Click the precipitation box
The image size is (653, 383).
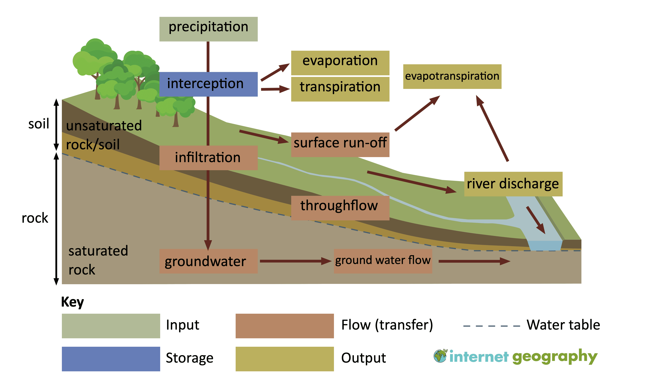[208, 29]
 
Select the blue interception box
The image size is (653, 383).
[208, 84]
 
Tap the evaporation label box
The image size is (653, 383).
[340, 63]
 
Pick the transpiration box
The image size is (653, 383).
[340, 89]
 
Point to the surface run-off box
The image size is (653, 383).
[340, 145]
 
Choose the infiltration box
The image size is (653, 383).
[208, 158]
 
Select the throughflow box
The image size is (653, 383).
[340, 208]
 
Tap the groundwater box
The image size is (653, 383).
[208, 261]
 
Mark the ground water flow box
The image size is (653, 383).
[383, 261]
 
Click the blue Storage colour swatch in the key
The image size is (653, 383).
[111, 359]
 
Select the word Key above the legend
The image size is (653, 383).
[73, 302]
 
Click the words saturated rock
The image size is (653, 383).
[98, 260]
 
